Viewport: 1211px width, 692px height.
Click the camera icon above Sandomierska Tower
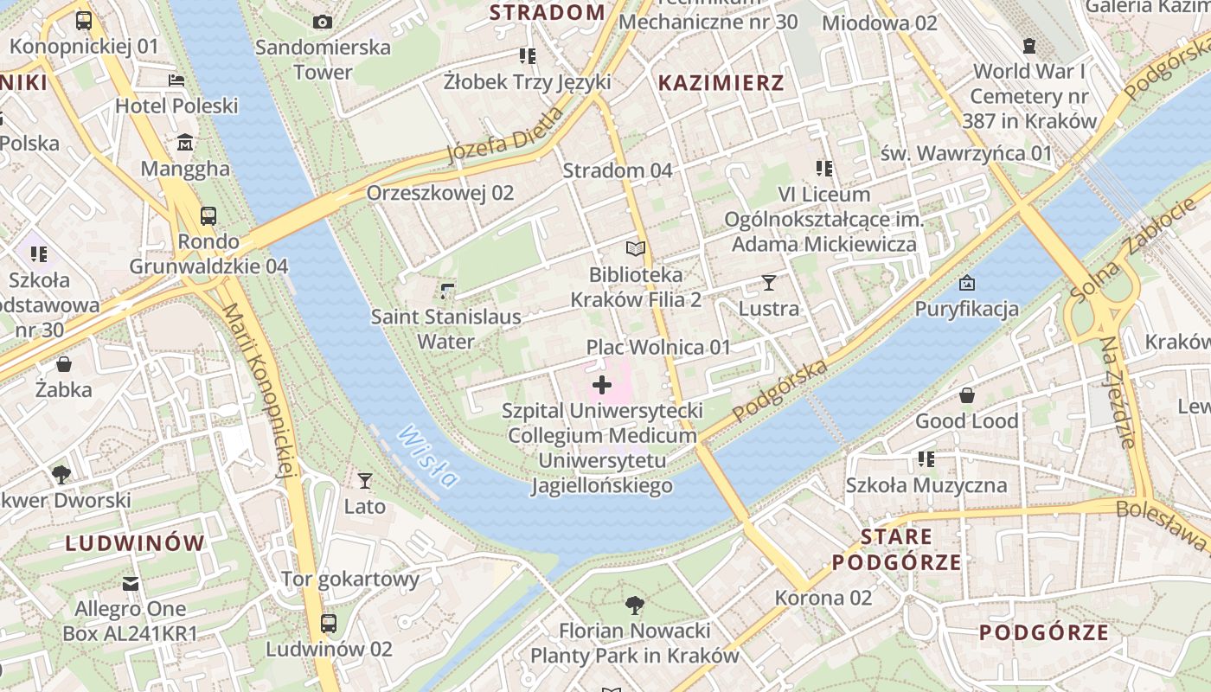[323, 22]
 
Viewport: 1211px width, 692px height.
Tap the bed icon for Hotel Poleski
[176, 80]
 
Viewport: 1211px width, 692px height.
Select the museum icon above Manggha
[185, 143]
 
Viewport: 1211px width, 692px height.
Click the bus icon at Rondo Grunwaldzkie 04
[208, 215]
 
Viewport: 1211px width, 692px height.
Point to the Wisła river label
[427, 456]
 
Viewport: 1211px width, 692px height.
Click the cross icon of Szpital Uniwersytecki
[602, 385]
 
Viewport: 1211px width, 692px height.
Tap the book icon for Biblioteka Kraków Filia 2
[636, 249]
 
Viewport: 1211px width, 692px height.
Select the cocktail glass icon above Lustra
[768, 283]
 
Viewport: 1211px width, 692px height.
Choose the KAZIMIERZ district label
[721, 83]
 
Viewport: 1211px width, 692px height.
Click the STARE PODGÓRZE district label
[897, 550]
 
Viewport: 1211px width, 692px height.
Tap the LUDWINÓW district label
[136, 543]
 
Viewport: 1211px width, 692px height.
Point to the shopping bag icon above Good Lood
[967, 396]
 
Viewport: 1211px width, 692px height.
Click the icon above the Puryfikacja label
[967, 283]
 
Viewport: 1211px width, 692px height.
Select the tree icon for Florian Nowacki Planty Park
[635, 605]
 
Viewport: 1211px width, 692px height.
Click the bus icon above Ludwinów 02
[329, 623]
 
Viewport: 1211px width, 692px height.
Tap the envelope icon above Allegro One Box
[131, 584]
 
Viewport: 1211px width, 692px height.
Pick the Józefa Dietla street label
[504, 137]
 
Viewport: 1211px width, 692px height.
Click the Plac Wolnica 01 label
[658, 348]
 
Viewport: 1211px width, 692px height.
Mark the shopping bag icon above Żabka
[64, 364]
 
